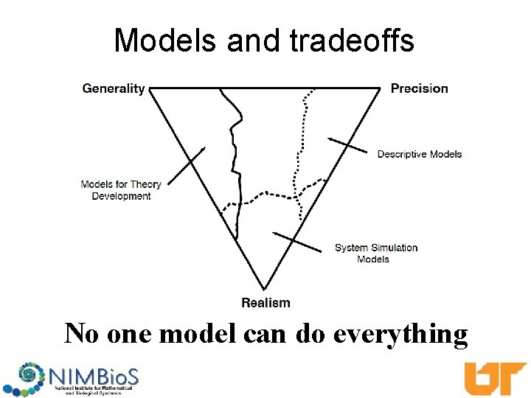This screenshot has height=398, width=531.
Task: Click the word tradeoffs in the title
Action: pos(352,41)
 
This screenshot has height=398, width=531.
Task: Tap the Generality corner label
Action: pos(114,88)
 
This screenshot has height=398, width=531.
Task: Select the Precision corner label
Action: pos(419,88)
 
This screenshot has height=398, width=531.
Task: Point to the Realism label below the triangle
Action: pos(265,302)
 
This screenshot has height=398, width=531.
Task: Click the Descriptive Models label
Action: pos(419,154)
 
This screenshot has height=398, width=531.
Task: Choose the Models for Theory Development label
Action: pos(121,190)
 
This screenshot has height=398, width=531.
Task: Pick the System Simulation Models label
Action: pos(375,253)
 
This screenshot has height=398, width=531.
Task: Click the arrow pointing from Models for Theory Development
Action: pos(186,165)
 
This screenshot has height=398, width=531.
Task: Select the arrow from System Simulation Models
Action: pos(298,242)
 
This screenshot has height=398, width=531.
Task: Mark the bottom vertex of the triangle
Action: pos(264,289)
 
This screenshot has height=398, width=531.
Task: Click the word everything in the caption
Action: pos(400,334)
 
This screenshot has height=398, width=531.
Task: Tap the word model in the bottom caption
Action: pos(194,334)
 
